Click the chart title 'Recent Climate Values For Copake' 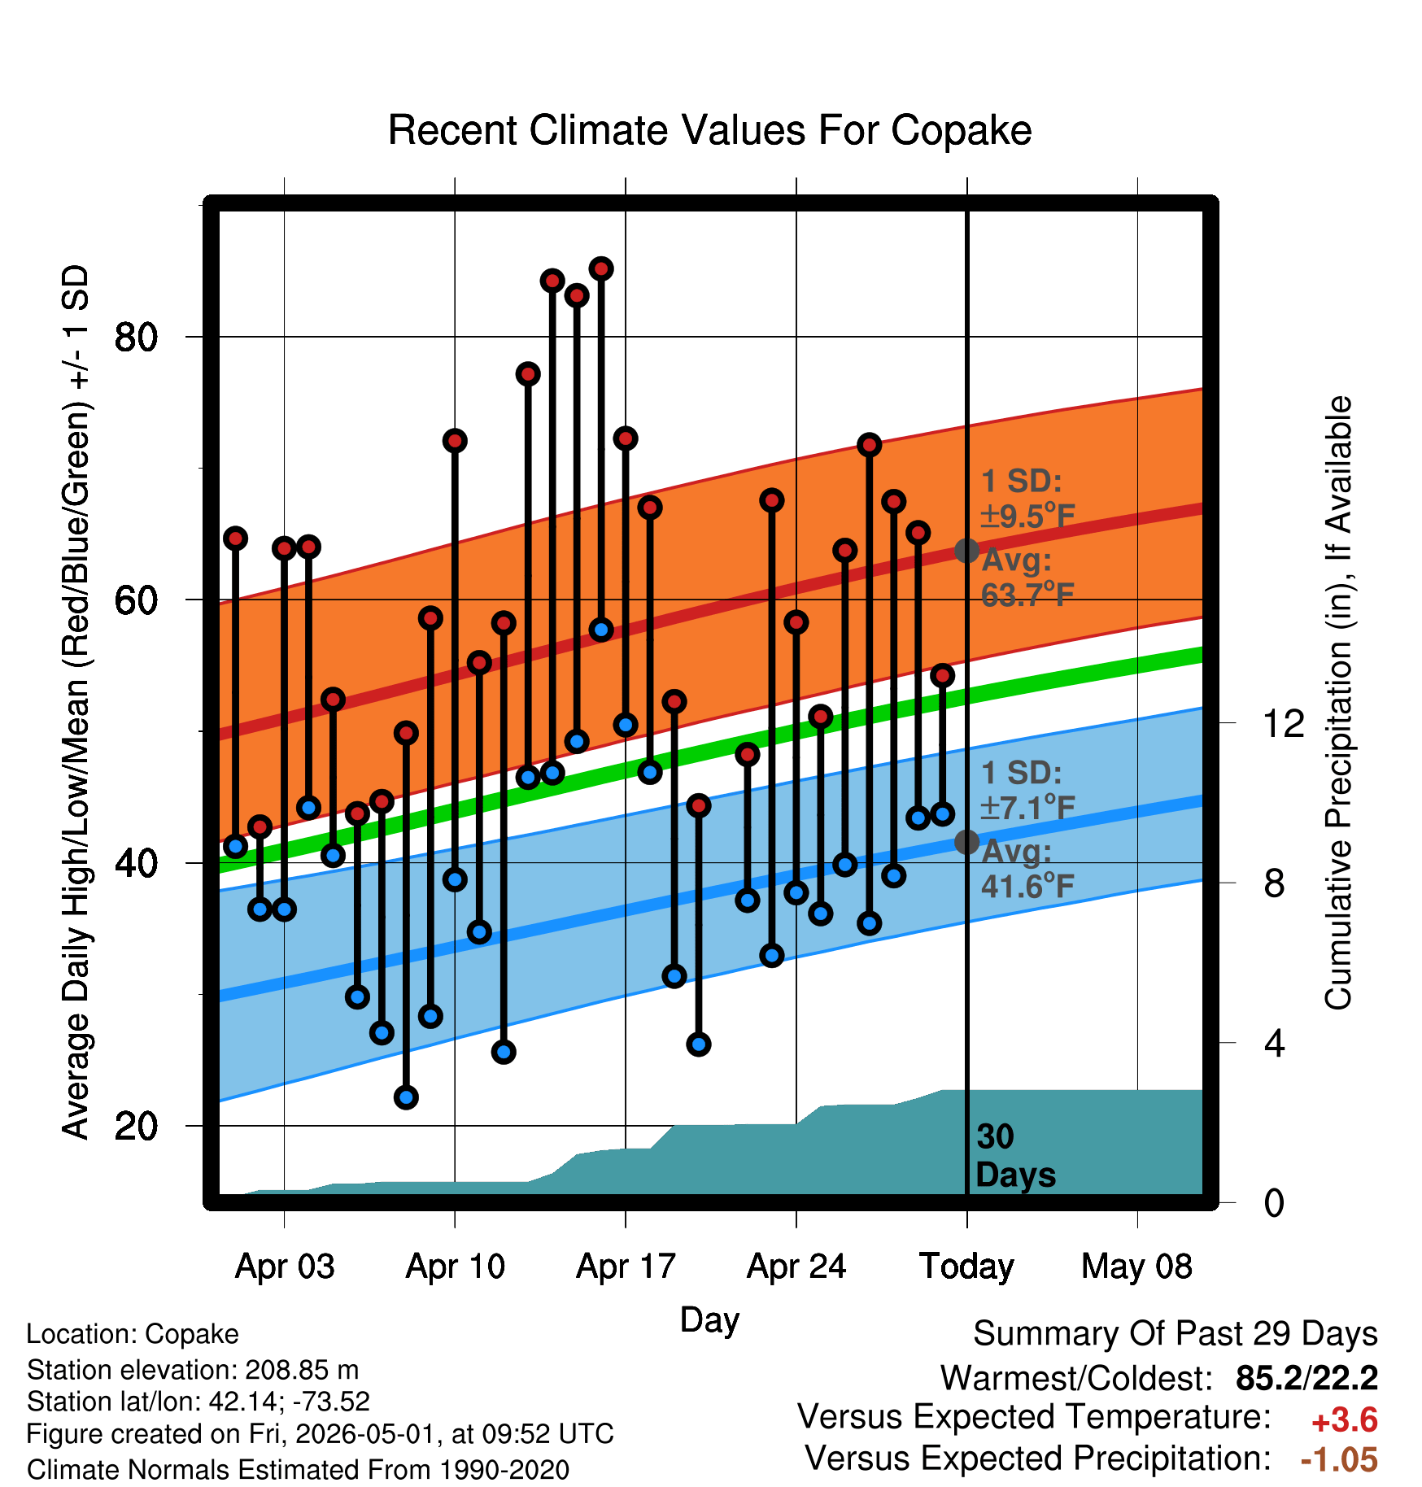(x=709, y=130)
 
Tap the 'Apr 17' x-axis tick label (x=626, y=1267)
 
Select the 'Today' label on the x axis (x=966, y=1267)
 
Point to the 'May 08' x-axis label (x=1136, y=1267)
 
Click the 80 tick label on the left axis (x=136, y=337)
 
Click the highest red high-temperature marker (x=601, y=269)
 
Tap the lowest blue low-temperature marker (x=406, y=1097)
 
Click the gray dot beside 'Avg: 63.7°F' (x=966, y=551)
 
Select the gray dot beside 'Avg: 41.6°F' (x=966, y=842)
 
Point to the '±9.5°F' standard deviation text (x=1027, y=516)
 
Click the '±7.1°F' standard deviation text (x=1027, y=808)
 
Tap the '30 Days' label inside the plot (x=1014, y=1156)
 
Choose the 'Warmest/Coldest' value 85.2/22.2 (x=1306, y=1378)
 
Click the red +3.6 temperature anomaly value (x=1344, y=1420)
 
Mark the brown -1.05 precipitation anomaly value (x=1339, y=1460)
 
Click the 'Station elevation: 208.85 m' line (x=193, y=1370)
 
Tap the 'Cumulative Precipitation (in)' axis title (x=1338, y=703)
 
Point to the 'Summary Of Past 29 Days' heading (x=1176, y=1334)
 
